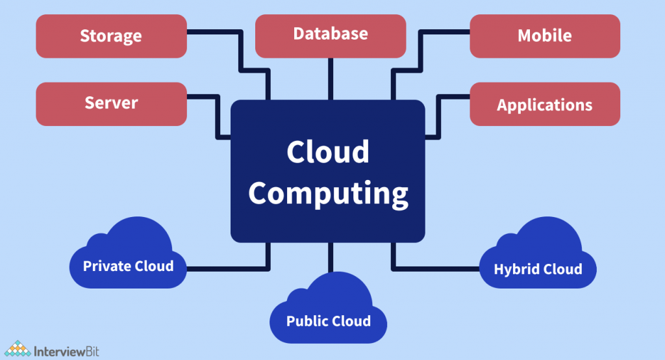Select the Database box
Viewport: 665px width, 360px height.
click(x=330, y=34)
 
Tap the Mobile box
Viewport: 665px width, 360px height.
click(x=544, y=36)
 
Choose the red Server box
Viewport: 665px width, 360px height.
click(x=111, y=103)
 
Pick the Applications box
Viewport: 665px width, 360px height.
click(x=544, y=104)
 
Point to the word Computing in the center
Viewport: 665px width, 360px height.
click(x=328, y=193)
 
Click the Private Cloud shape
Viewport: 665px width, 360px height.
click(x=127, y=263)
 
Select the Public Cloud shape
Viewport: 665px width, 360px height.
click(x=328, y=318)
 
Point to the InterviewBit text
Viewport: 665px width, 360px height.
click(x=66, y=349)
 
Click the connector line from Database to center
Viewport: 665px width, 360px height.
click(x=330, y=78)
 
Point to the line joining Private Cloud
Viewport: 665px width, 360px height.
click(x=227, y=268)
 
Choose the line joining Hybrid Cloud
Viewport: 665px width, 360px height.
click(x=435, y=268)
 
